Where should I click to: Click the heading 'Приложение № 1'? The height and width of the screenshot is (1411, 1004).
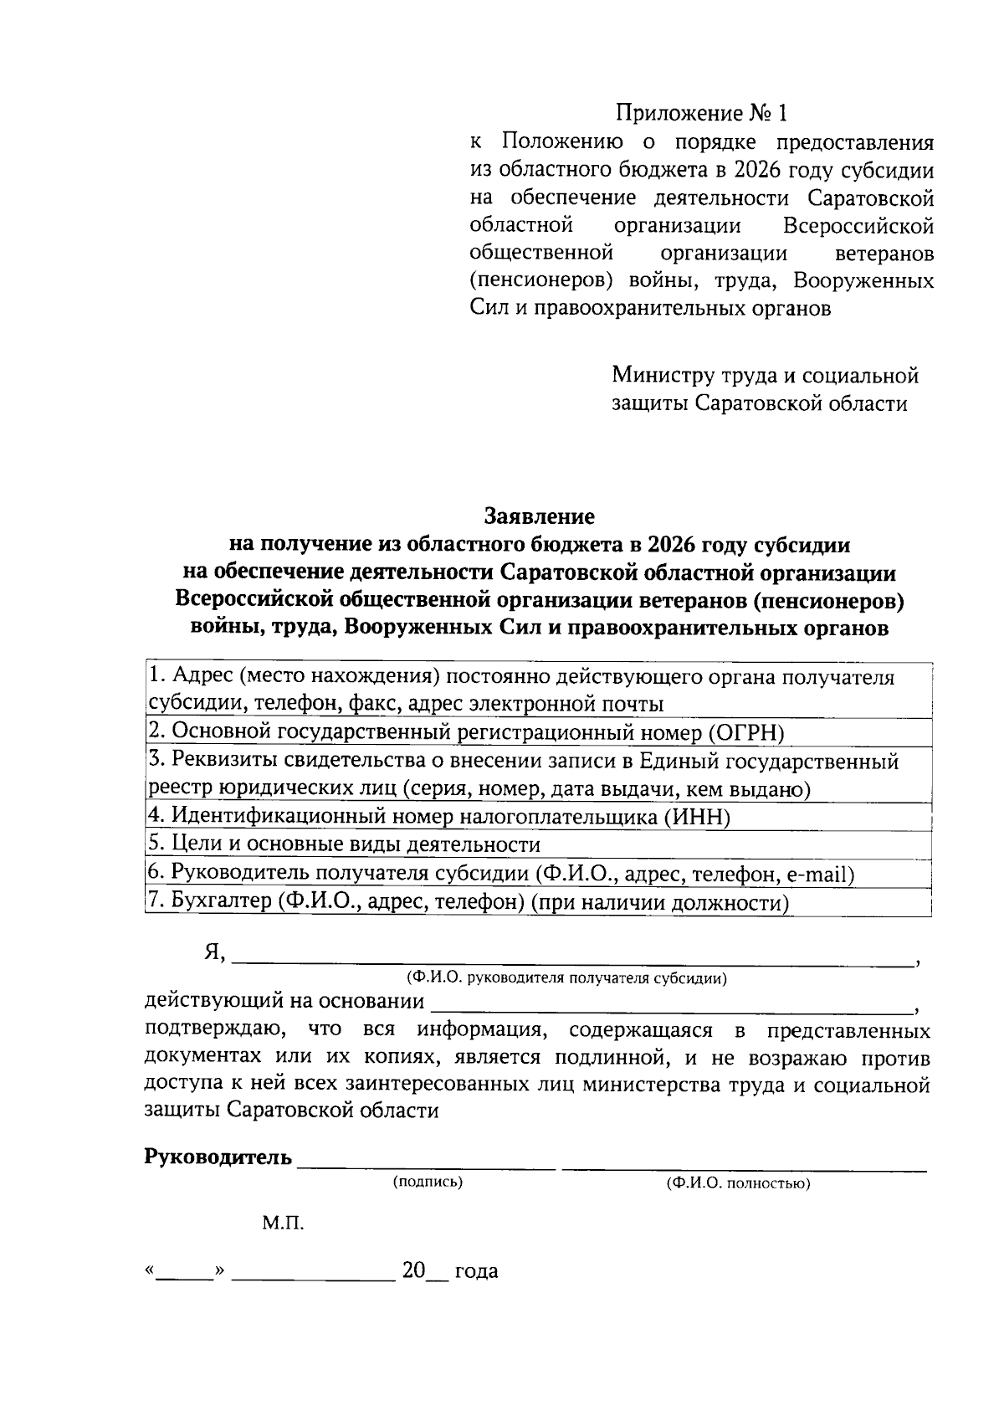[x=702, y=112]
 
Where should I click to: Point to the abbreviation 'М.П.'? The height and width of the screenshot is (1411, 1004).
[x=283, y=1224]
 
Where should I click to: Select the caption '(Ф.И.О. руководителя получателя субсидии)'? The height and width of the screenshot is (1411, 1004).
[x=566, y=977]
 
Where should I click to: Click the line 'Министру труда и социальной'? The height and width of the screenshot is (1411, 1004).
[x=765, y=375]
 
